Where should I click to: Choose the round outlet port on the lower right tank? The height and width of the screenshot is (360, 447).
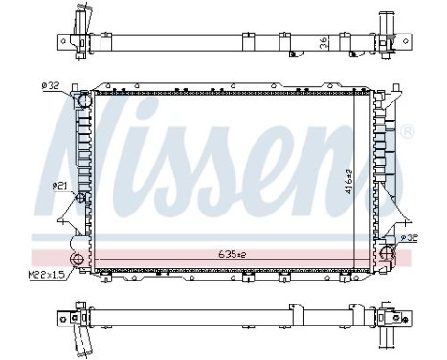pyautogui.click(x=388, y=253)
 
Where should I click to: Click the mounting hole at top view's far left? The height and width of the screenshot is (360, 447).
pyautogui.click(x=60, y=42)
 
